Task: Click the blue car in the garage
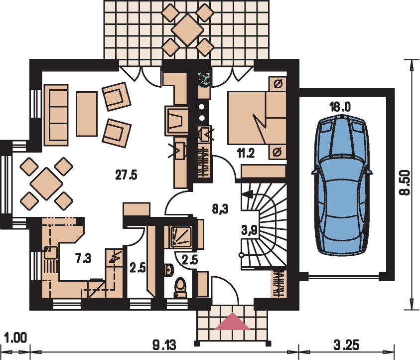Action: click(342, 184)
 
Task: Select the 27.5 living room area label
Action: click(126, 176)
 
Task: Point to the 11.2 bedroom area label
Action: click(246, 154)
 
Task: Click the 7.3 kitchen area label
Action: click(83, 259)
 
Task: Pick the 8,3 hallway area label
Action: click(220, 209)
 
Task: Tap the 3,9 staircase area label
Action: click(250, 230)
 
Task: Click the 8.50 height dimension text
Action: click(405, 183)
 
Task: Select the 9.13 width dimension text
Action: click(164, 345)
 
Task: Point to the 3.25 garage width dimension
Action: click(346, 345)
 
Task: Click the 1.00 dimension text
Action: click(16, 338)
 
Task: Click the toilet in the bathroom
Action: click(180, 288)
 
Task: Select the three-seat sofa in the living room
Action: click(56, 115)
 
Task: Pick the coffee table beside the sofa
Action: click(87, 114)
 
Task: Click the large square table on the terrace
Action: click(187, 30)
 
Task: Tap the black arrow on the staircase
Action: click(247, 194)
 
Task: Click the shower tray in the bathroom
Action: click(181, 237)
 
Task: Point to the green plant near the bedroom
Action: click(204, 80)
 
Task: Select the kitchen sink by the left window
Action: click(50, 252)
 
